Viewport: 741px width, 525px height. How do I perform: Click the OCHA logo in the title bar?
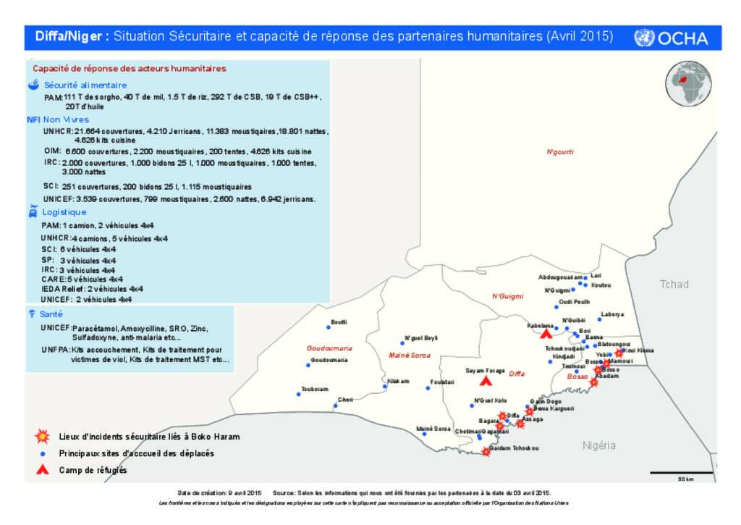click(671, 38)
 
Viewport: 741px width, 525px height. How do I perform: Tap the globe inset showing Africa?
click(689, 83)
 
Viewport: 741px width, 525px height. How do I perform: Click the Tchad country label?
click(674, 285)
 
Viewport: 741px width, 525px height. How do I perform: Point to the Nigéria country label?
click(598, 445)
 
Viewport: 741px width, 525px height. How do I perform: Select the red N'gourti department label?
click(559, 152)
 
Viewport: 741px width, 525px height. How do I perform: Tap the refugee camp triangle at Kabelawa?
click(546, 334)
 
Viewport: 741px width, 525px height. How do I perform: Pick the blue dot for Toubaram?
click(299, 395)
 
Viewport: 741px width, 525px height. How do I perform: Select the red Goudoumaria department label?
click(329, 348)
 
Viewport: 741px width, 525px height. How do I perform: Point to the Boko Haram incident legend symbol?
click(43, 437)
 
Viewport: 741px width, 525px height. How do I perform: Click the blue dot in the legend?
click(43, 453)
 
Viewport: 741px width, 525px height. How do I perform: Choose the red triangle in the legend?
click(43, 470)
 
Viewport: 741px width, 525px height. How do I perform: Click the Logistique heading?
click(64, 212)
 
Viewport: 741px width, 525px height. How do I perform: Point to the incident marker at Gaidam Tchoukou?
click(486, 452)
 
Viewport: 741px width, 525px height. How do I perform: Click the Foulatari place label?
click(441, 382)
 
